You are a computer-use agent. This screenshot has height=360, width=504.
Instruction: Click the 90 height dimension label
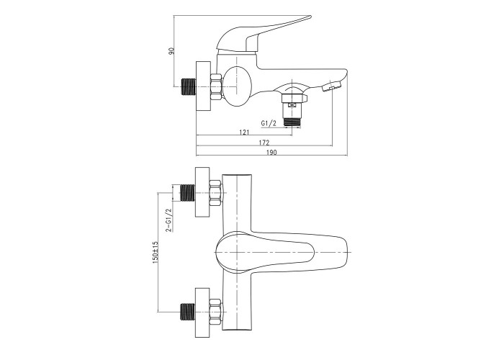click(x=173, y=51)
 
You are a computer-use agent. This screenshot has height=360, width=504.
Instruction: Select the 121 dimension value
click(x=244, y=132)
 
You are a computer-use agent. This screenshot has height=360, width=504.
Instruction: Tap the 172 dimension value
click(x=264, y=143)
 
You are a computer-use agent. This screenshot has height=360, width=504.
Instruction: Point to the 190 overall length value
click(x=271, y=153)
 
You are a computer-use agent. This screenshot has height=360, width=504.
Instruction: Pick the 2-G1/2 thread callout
click(x=168, y=220)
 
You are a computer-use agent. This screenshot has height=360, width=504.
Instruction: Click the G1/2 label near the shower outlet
click(x=269, y=123)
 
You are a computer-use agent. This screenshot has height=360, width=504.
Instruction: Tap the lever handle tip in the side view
click(x=309, y=17)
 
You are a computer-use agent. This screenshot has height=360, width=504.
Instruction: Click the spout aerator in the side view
click(x=331, y=86)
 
